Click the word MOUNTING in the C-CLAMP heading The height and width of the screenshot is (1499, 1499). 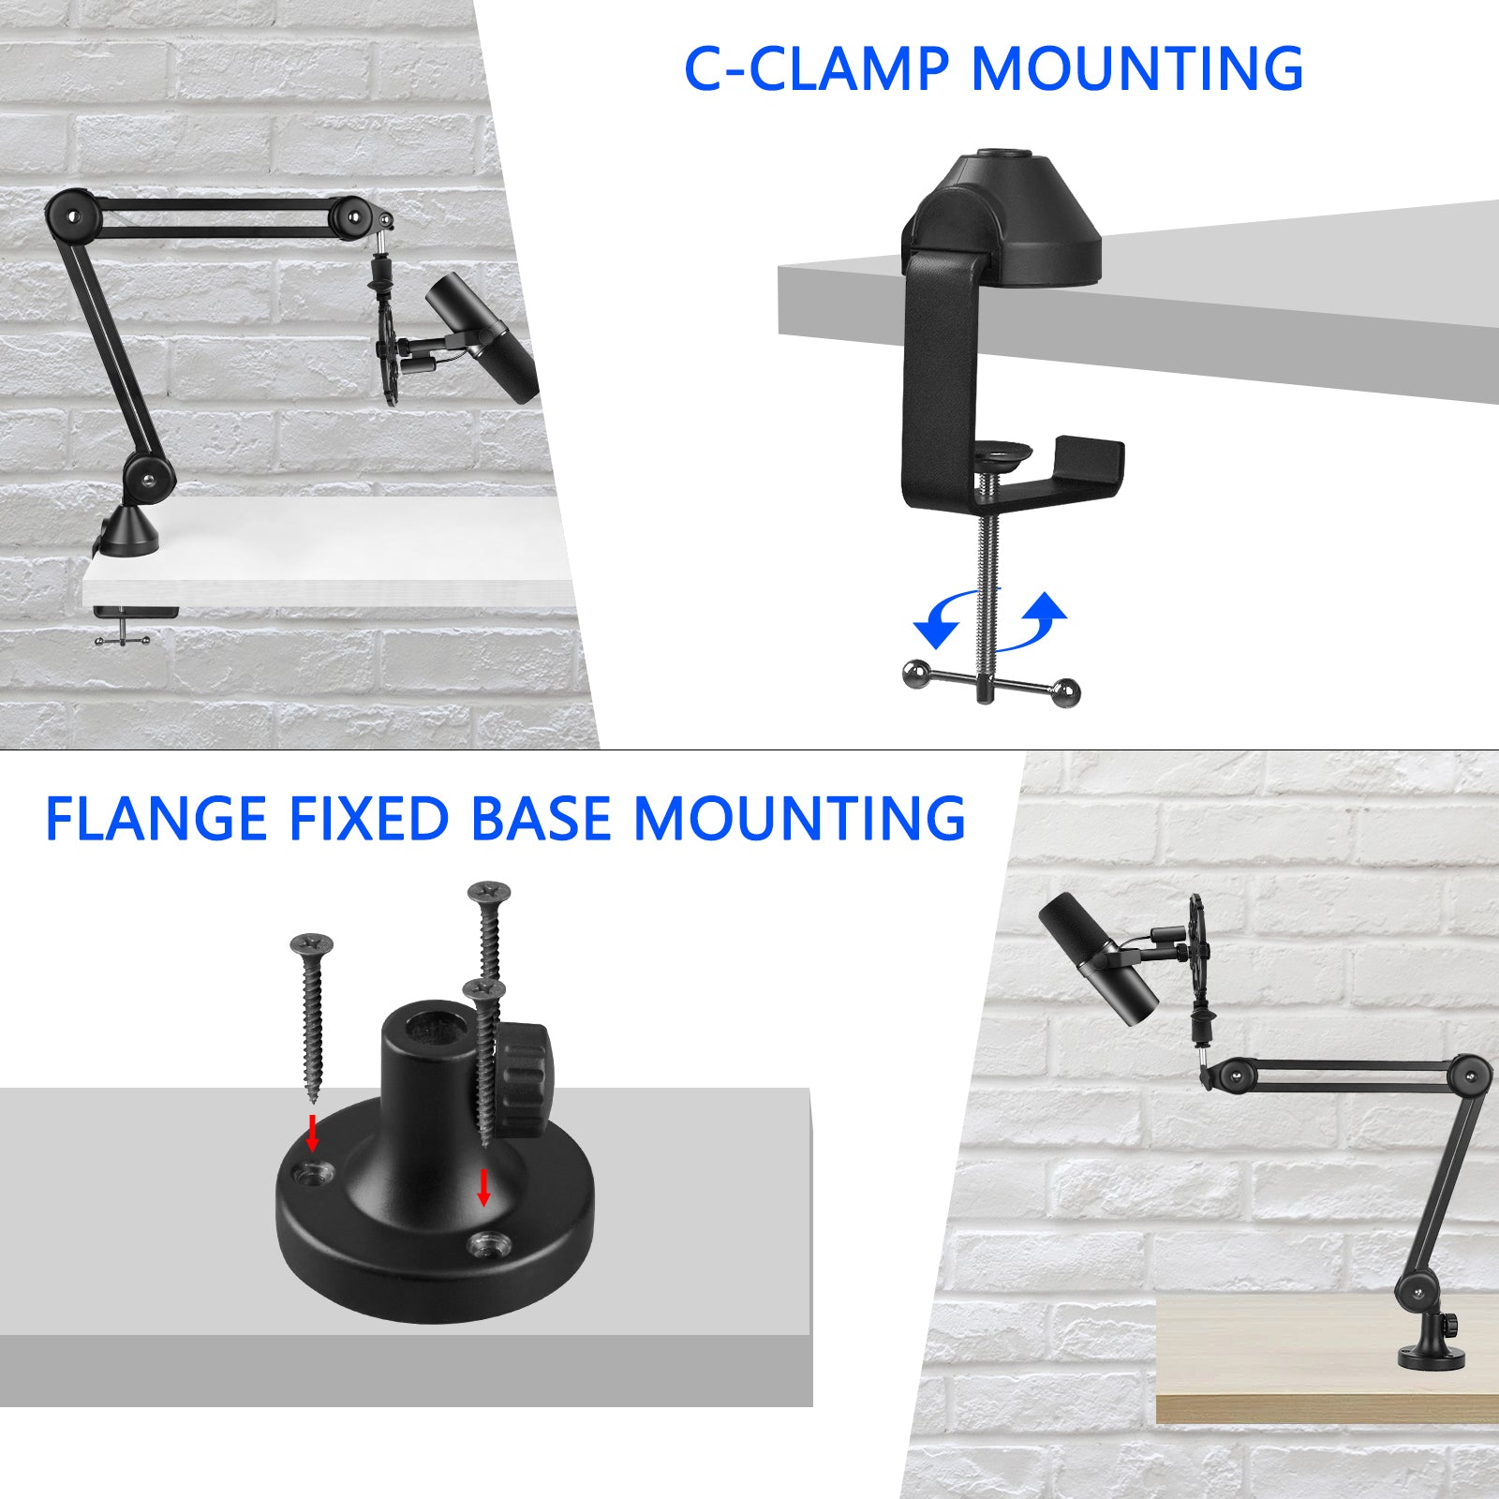point(1136,68)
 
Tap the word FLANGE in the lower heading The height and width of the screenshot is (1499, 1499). point(156,819)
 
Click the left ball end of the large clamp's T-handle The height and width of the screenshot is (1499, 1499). point(915,673)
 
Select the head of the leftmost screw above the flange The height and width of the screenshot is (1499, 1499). point(312,943)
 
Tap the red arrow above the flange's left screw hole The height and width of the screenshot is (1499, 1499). point(313,1133)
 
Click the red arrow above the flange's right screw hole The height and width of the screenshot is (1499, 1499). point(483,1187)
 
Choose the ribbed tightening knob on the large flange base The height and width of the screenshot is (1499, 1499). point(526,1081)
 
